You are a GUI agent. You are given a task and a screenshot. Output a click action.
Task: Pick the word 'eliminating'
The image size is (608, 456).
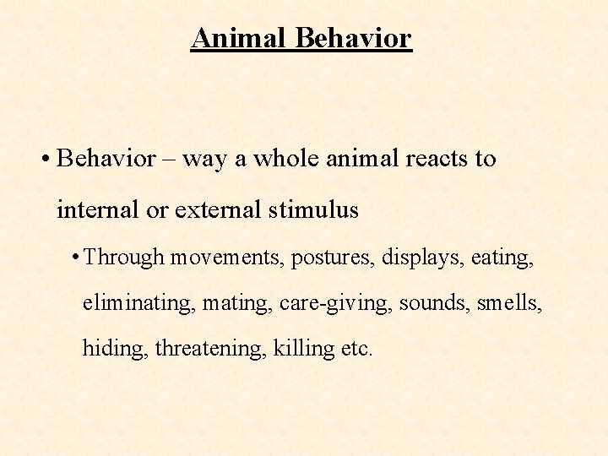pos(137,301)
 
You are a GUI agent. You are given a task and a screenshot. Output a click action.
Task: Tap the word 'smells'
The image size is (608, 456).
pos(509,301)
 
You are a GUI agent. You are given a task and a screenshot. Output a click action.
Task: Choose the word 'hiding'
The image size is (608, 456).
pos(115,348)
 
